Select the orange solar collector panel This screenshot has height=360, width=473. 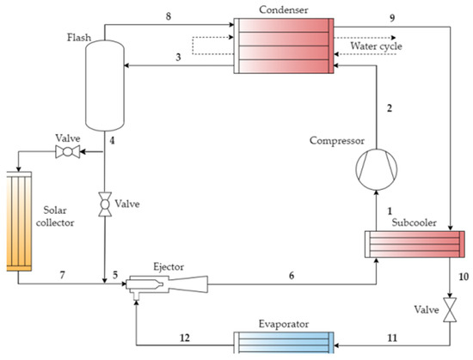(18, 221)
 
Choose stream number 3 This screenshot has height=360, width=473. (176, 57)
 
